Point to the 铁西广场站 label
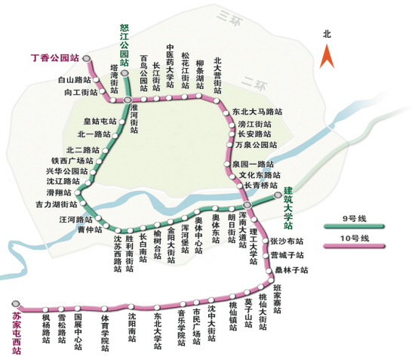tap(72, 160)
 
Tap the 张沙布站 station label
tap(287, 242)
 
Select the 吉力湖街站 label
tap(56, 205)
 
